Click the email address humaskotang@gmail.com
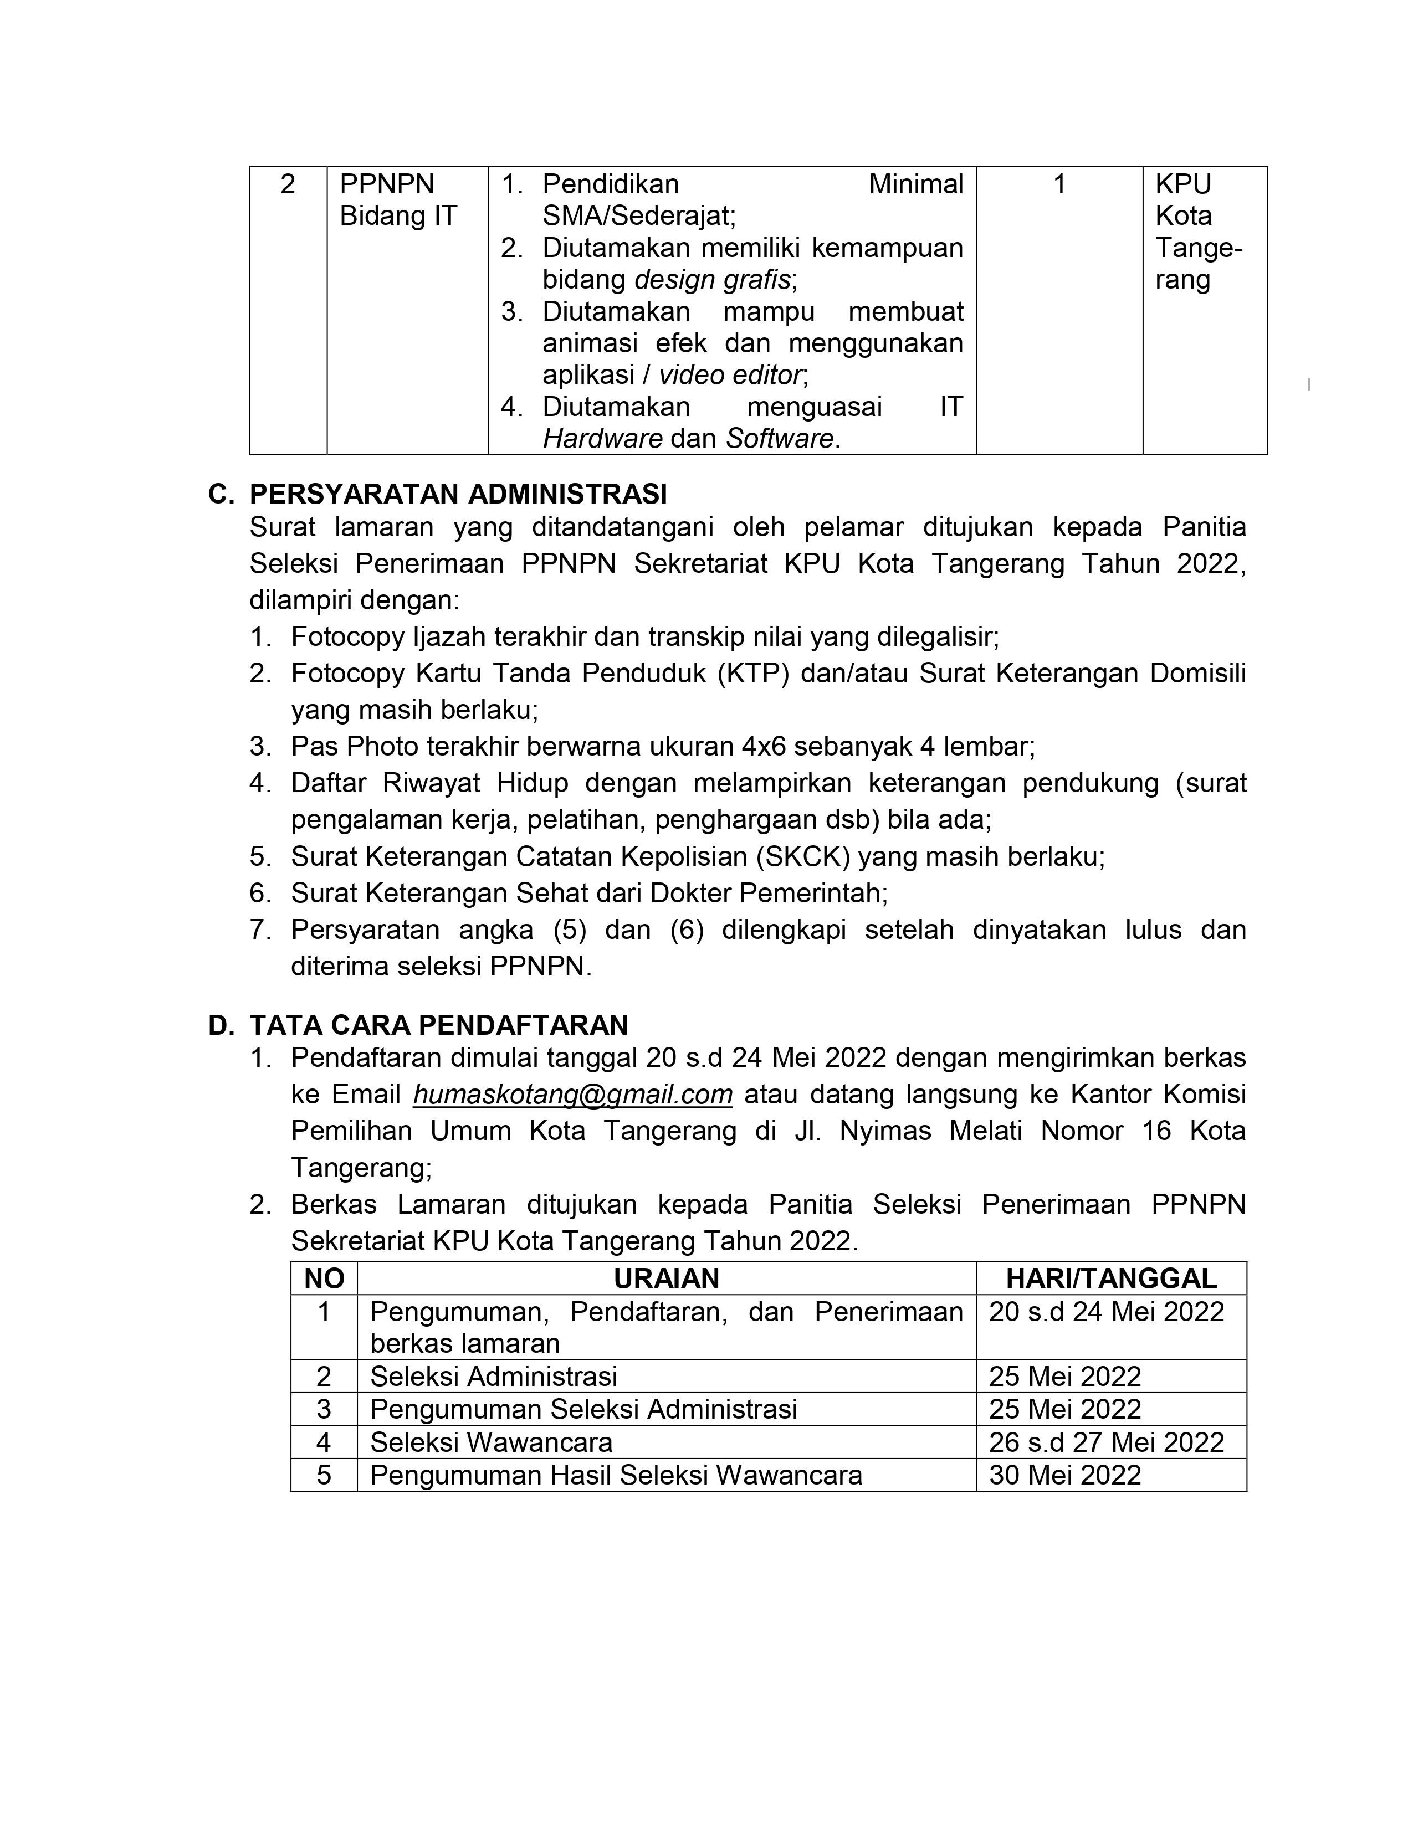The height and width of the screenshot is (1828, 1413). tap(572, 1095)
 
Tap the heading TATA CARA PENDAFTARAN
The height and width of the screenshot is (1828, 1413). tap(439, 1025)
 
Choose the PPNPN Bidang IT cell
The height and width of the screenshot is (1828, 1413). tap(398, 200)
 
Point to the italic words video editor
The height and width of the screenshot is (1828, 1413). tap(730, 375)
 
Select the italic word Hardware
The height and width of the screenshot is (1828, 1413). tap(603, 439)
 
